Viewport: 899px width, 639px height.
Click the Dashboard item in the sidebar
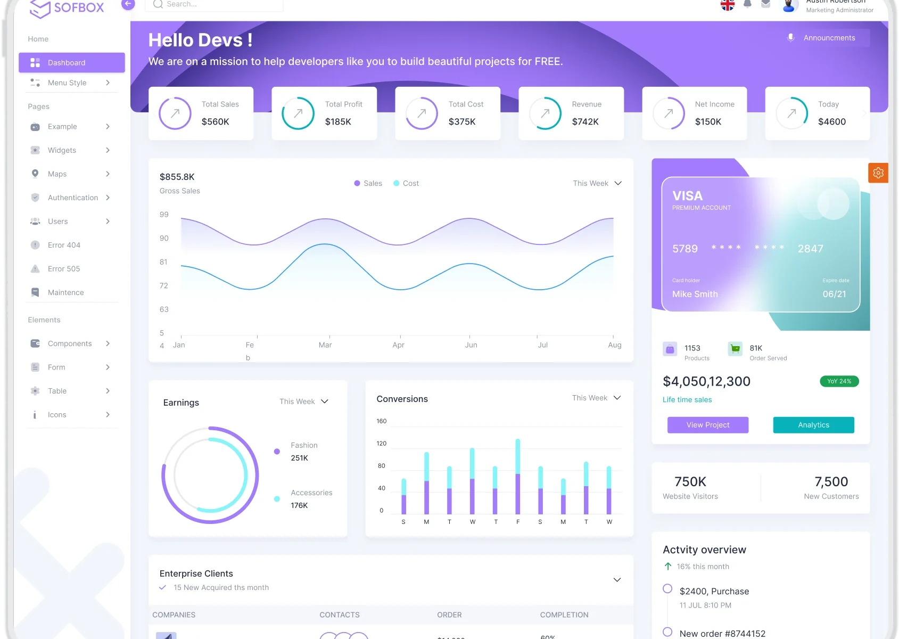[71, 63]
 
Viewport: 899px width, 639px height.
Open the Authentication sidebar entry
[72, 198]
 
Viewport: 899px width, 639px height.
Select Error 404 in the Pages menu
[64, 245]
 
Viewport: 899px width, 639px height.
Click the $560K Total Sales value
[215, 121]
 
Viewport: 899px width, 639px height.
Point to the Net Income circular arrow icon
[669, 113]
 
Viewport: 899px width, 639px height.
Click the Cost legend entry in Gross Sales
[406, 183]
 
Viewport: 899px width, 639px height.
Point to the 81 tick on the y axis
[163, 262]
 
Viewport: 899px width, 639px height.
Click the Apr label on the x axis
[398, 345]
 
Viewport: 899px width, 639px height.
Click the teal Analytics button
[813, 425]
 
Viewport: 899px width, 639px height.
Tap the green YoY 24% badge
[839, 381]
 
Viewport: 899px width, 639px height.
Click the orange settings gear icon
[878, 173]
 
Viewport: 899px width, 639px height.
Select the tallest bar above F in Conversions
[518, 476]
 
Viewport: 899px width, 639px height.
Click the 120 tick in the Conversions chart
[382, 444]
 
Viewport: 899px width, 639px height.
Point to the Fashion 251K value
[299, 458]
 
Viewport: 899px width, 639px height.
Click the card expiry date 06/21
[834, 294]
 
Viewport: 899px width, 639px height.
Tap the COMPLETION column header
[564, 615]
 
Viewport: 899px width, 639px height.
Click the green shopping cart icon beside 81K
[735, 349]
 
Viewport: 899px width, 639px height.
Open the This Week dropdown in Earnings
[304, 402]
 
